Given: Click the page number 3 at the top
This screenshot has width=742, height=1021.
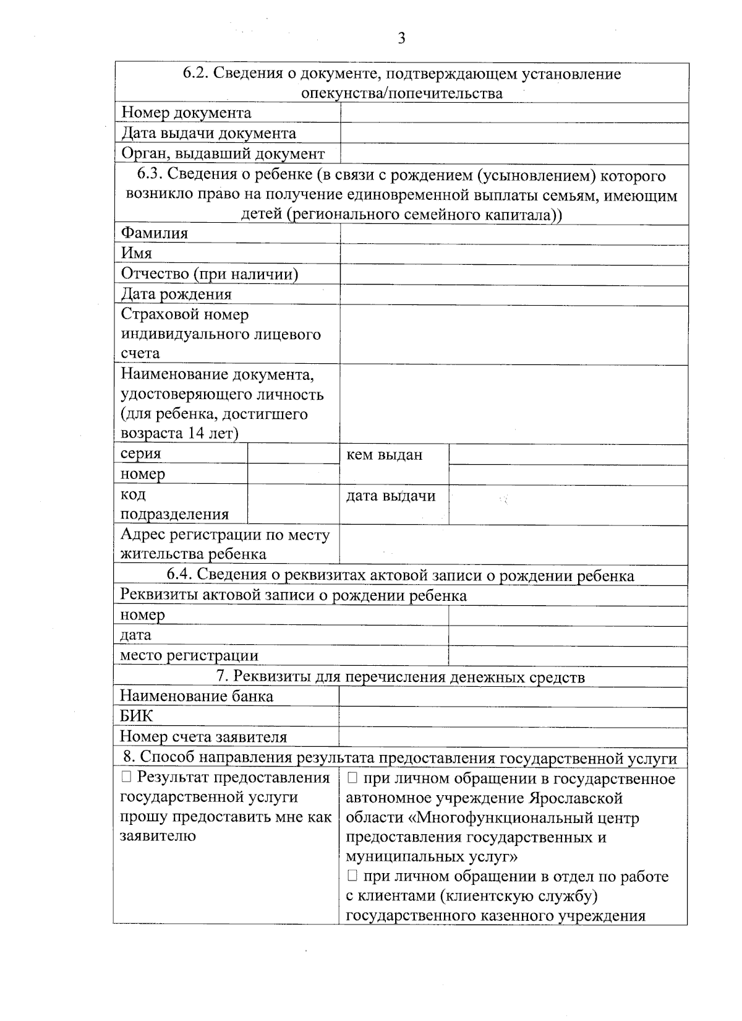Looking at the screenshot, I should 401,39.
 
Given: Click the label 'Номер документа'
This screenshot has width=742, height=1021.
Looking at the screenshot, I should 186,113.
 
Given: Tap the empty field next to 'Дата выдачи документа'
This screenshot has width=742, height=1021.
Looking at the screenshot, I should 514,133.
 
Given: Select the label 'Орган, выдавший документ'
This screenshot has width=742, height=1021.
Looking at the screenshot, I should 223,153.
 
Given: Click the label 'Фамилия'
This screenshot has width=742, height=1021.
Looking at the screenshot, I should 154,233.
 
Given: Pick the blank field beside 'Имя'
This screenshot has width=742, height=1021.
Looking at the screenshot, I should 514,254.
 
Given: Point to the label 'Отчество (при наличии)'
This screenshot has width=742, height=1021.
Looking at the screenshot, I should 210,274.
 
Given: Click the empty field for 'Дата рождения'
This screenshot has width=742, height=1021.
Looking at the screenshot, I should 514,295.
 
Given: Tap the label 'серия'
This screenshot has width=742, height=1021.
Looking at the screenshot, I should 140,454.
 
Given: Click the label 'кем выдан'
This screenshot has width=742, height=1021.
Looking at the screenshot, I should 384,455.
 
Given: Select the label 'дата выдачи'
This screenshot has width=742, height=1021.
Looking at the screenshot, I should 390,496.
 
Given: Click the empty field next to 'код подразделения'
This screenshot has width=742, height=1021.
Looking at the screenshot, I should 293,504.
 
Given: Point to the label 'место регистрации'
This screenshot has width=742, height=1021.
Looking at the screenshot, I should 189,655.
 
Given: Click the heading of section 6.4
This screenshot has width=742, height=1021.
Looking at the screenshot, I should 400,575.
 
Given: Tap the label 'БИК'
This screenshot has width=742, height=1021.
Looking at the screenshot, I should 136,716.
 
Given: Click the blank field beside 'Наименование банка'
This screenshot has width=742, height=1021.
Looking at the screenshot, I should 513,696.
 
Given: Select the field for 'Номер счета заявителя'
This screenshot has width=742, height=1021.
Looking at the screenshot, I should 513,736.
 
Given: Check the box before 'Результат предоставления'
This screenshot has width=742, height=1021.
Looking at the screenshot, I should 126,778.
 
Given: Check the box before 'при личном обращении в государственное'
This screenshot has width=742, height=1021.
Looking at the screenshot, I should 352,778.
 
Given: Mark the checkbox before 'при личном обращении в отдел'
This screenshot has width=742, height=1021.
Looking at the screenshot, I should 352,876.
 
